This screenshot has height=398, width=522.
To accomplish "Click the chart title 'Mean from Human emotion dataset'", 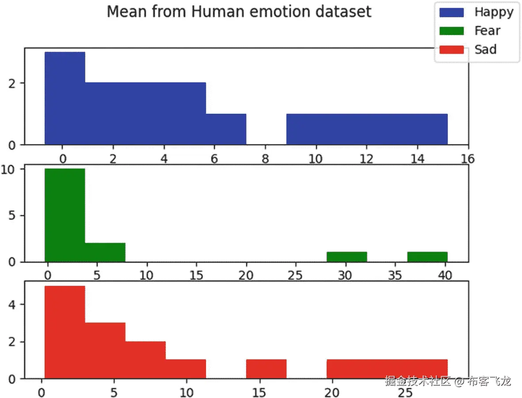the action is (239, 12).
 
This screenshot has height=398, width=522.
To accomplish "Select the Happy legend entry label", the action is (494, 12).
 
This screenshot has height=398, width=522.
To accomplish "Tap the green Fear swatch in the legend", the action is (451, 31).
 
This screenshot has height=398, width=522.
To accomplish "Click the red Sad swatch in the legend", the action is (451, 50).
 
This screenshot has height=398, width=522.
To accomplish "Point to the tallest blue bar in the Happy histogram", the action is (65, 98).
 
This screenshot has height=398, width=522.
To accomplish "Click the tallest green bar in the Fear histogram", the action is (65, 215).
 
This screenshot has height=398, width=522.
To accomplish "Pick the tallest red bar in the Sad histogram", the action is (65, 332).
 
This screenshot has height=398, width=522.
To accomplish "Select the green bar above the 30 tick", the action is (347, 257).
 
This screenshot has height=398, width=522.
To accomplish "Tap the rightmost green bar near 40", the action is (427, 257).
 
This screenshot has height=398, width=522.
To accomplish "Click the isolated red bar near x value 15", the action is (267, 369).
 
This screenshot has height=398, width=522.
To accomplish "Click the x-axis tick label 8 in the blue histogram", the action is (265, 158).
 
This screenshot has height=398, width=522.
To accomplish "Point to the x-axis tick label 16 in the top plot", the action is (468, 158).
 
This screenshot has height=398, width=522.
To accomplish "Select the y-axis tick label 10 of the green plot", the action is (8, 170).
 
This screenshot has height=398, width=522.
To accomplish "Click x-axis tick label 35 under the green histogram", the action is (395, 275).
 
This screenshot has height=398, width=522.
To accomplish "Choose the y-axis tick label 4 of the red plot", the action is (12, 305).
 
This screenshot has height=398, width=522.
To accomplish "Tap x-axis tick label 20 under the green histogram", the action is (246, 275).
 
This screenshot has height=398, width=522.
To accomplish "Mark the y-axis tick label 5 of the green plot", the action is (12, 215).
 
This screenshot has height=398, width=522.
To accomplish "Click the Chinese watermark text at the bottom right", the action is (448, 381).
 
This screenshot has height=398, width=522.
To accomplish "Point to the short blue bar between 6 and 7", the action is (226, 129).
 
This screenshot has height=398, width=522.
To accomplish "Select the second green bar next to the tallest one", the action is (105, 252).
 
